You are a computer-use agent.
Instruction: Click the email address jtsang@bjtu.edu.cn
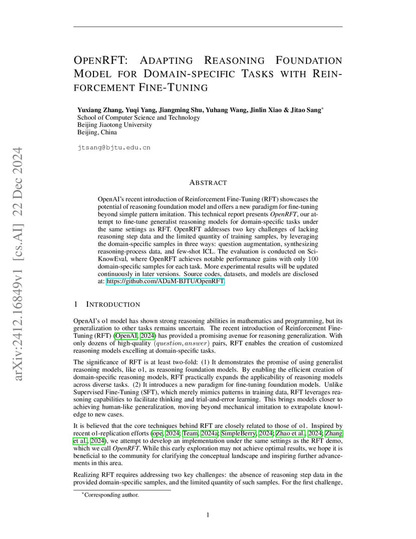[x=114, y=148]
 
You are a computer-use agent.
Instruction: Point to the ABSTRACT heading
[x=207, y=183]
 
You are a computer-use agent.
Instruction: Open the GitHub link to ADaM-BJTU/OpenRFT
[x=165, y=282]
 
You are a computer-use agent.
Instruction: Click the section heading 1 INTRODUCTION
[x=107, y=304]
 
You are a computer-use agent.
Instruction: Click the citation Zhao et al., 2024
[x=299, y=433]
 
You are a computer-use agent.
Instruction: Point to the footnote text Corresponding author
[x=111, y=495]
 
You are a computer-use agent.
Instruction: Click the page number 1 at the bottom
[x=208, y=514]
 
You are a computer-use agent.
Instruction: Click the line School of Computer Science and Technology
[x=138, y=118]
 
